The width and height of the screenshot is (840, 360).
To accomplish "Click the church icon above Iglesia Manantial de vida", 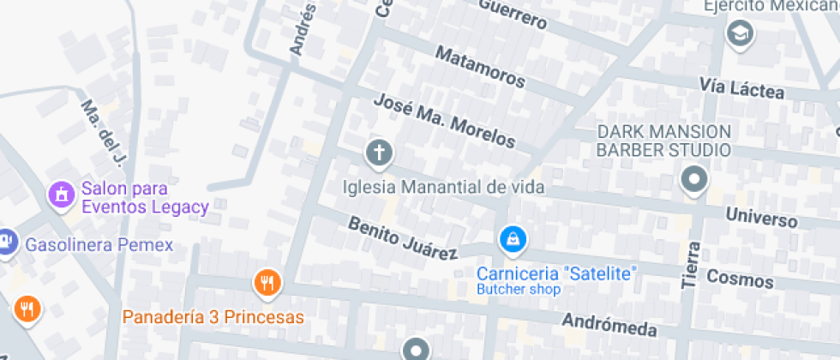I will (x=379, y=154).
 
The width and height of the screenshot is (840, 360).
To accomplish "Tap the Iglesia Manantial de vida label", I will (x=444, y=186).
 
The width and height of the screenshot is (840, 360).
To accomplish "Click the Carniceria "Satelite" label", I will (x=557, y=274).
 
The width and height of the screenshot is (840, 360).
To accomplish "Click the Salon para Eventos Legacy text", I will (x=145, y=197).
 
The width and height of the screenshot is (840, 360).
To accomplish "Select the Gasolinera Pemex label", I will (x=99, y=245).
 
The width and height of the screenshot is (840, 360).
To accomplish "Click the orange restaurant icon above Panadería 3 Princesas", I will (x=267, y=282).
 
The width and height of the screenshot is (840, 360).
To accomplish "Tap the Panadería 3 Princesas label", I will (x=213, y=317).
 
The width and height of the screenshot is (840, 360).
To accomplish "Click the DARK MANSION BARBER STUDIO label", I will (x=664, y=141).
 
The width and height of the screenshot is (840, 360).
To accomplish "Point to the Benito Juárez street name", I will (x=402, y=238).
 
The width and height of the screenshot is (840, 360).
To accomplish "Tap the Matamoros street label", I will (x=480, y=67).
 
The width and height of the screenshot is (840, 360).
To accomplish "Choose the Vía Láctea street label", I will (x=741, y=87).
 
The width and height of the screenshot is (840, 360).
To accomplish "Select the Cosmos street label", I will (x=740, y=279).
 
